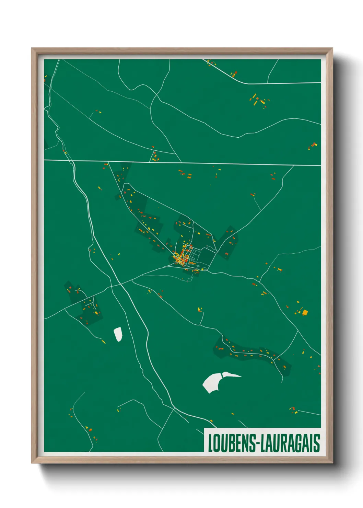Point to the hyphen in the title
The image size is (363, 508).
point(258,444)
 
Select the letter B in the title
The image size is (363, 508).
point(229,443)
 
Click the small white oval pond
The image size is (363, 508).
point(118,334)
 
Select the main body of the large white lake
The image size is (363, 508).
point(212,382)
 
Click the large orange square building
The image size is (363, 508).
point(305,312)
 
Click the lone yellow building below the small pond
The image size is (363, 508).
point(103,342)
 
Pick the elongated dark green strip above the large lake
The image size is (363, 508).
point(252,354)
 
